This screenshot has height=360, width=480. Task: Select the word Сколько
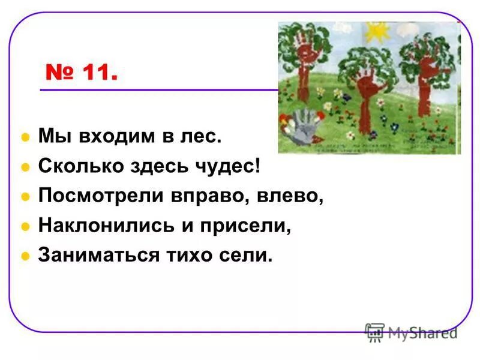73,167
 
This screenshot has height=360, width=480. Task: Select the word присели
251,226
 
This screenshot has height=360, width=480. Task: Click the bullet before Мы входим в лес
25,138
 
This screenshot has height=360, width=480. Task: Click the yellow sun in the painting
377,29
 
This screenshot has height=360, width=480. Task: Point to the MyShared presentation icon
375,332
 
